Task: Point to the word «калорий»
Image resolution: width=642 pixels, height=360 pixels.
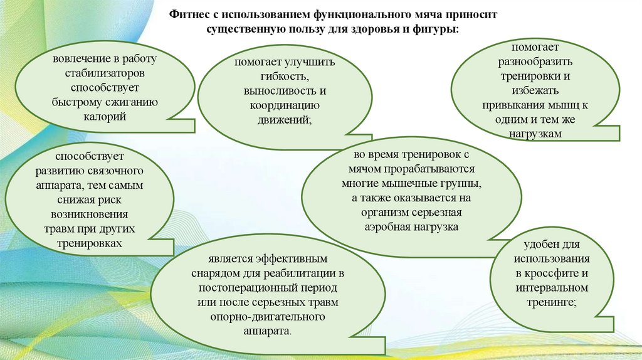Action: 95,116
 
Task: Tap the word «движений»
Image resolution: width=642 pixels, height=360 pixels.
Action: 283,120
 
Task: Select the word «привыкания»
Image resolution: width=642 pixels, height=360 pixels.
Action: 514,106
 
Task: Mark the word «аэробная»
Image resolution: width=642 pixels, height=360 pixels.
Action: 388,227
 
